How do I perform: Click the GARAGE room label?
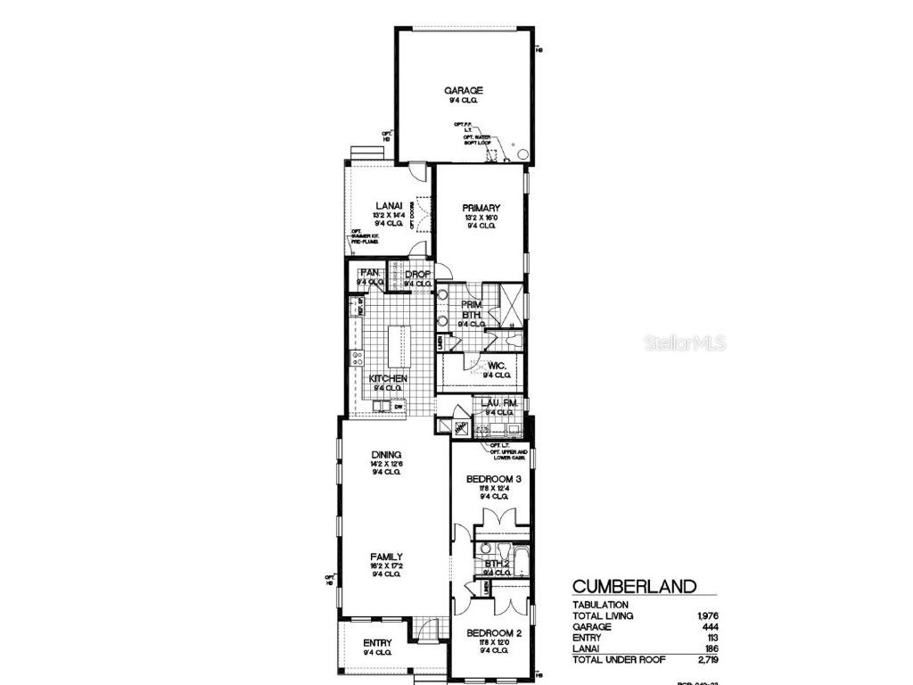coord(464,90)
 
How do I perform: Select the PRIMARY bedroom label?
coord(481,208)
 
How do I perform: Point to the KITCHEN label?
coord(389,379)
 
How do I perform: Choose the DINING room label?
coord(389,453)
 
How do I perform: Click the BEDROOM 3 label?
coord(494,479)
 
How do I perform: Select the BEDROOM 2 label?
coord(493,633)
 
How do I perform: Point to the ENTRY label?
coord(377,642)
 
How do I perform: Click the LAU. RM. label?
coord(499,403)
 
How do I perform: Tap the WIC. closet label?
coord(497,366)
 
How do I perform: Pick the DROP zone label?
coord(418,274)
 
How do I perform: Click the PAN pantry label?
coord(370,272)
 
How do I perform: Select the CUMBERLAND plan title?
coord(634,586)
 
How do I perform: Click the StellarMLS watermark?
coord(685,342)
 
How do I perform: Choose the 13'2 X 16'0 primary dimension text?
coord(481,218)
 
